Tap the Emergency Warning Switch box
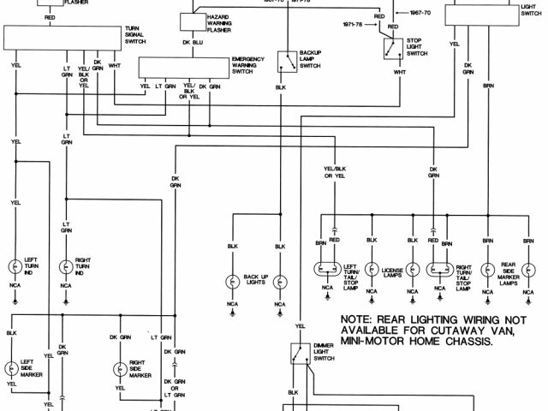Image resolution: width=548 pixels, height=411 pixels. point(183,67)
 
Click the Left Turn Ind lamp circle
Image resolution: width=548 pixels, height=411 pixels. point(16,266)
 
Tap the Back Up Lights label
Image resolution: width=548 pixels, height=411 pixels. point(256,279)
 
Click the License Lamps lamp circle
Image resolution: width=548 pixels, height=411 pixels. point(371,268)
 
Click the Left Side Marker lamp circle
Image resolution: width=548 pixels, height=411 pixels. point(12,369)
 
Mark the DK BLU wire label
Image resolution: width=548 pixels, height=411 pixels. point(191,42)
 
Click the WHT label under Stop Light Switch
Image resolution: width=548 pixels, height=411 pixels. point(400,72)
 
